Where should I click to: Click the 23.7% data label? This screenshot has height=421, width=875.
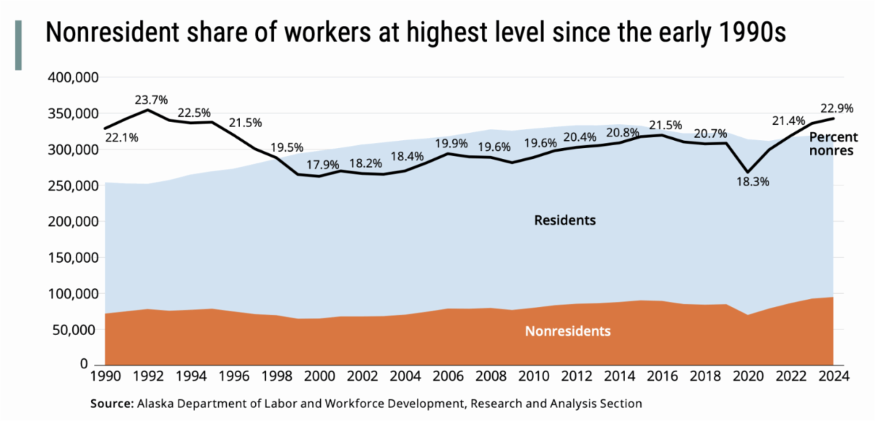tap(150, 99)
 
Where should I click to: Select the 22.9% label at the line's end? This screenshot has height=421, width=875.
tap(833, 108)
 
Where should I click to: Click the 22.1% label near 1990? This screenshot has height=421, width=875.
tap(121, 137)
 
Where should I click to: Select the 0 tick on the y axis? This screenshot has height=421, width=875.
tap(93, 364)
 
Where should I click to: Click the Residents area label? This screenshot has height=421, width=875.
tap(565, 220)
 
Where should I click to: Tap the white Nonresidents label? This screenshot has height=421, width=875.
tap(567, 331)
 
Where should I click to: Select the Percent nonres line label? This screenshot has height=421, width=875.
tap(833, 144)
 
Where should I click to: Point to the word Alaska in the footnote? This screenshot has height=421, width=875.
tap(152, 403)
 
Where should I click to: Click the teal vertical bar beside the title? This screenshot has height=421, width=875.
tap(18, 45)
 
